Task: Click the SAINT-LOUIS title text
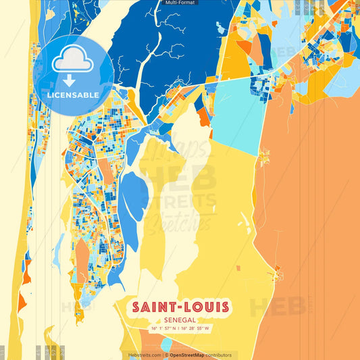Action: click(x=180, y=307)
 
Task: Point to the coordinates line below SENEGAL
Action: click(x=180, y=329)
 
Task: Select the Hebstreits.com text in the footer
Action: click(x=144, y=355)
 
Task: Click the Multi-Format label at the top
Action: click(x=180, y=3)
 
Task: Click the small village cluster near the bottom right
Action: click(x=277, y=274)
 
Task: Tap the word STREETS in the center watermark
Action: click(x=180, y=201)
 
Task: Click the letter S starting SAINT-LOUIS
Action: click(x=136, y=307)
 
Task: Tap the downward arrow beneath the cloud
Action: click(x=70, y=80)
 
